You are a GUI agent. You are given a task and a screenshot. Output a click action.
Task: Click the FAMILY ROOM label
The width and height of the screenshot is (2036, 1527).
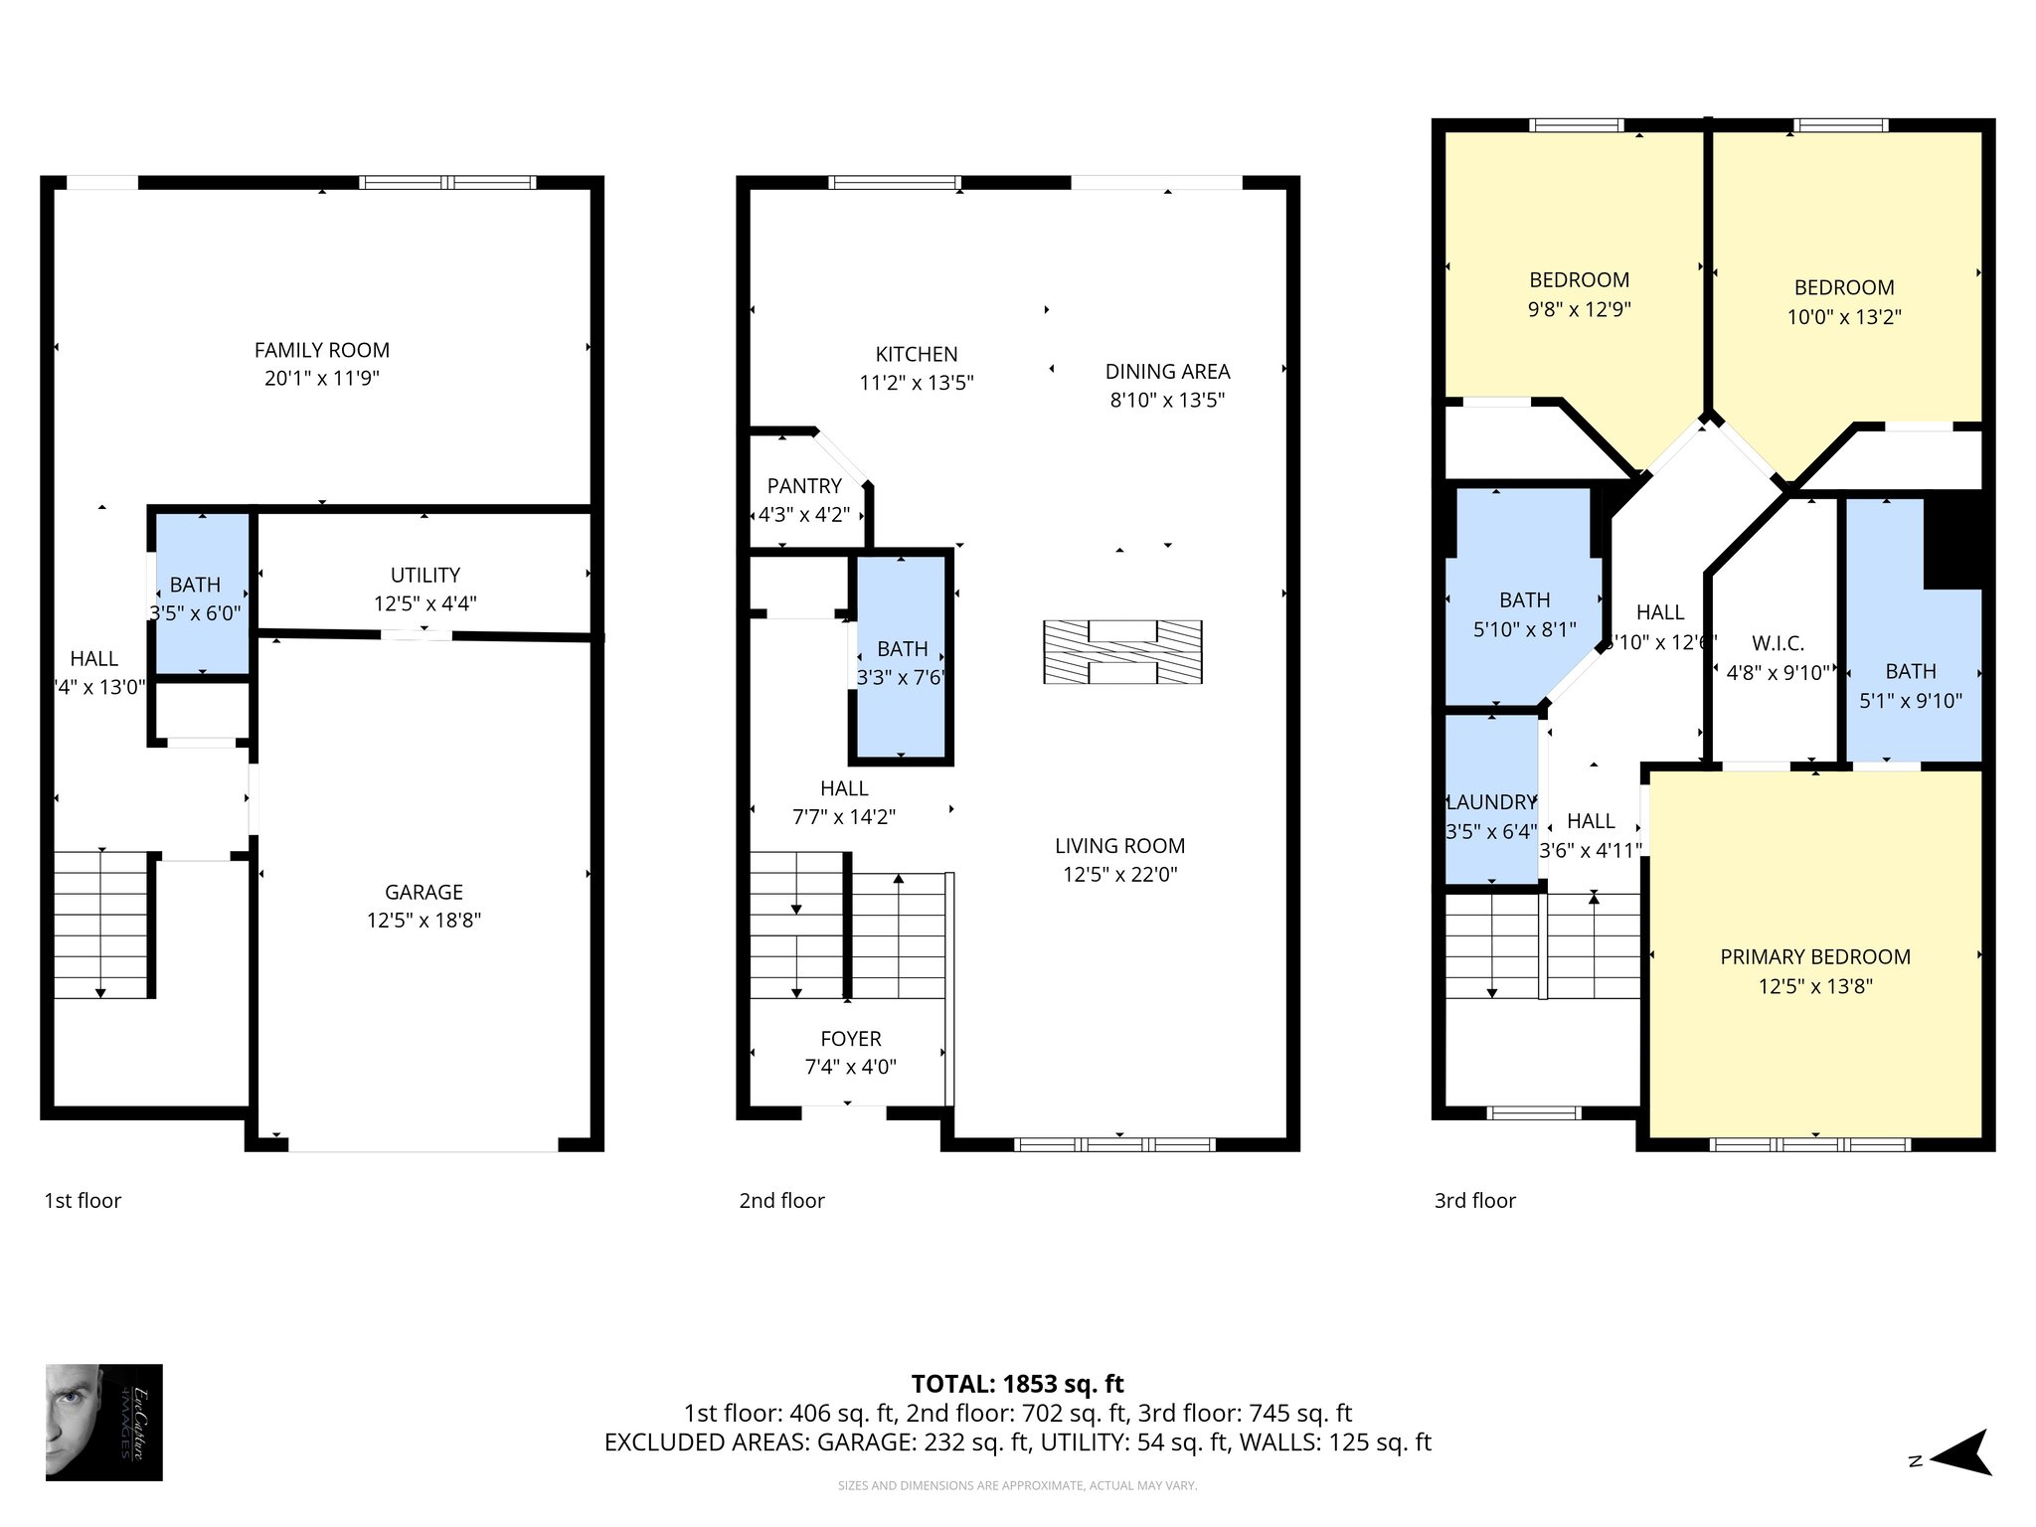pos(321,350)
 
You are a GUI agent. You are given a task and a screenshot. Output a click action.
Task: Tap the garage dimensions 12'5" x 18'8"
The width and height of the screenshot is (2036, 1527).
pos(424,921)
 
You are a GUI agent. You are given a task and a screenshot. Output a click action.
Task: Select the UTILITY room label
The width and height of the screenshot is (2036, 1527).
pos(424,575)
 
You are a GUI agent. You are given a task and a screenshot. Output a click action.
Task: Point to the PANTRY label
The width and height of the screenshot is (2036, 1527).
pos(804,486)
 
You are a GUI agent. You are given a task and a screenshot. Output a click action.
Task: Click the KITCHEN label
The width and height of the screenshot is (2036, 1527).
pos(916,354)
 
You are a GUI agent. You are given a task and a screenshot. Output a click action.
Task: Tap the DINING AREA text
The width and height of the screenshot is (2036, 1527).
pos(1167,372)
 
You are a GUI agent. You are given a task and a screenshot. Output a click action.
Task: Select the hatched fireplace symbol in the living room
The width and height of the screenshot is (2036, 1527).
pos(1122,652)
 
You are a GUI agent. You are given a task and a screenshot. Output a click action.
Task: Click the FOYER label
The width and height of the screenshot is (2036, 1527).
pos(850,1039)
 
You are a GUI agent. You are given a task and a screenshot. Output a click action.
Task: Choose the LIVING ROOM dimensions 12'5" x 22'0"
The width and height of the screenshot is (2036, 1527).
pos(1119,875)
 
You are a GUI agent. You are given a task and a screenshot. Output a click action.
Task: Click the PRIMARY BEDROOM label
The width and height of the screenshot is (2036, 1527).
pos(1814,957)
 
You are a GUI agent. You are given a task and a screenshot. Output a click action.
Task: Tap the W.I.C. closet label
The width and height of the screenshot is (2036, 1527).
pos(1778,643)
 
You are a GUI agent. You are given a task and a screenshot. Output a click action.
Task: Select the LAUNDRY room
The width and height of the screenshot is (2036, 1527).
pos(1490,802)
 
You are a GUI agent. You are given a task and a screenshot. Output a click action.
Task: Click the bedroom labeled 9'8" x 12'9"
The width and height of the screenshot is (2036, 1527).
pos(1579,294)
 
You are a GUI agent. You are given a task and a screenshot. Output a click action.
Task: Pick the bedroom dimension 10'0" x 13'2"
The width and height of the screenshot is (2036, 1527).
pos(1843,317)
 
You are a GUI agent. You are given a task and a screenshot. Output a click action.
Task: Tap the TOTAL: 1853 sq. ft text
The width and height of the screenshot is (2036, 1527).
pos(1017,1384)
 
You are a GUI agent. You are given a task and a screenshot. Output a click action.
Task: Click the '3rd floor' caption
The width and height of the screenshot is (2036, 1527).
pos(1474,1201)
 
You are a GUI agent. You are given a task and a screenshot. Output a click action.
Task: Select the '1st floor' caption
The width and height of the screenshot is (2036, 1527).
pos(83,1201)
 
